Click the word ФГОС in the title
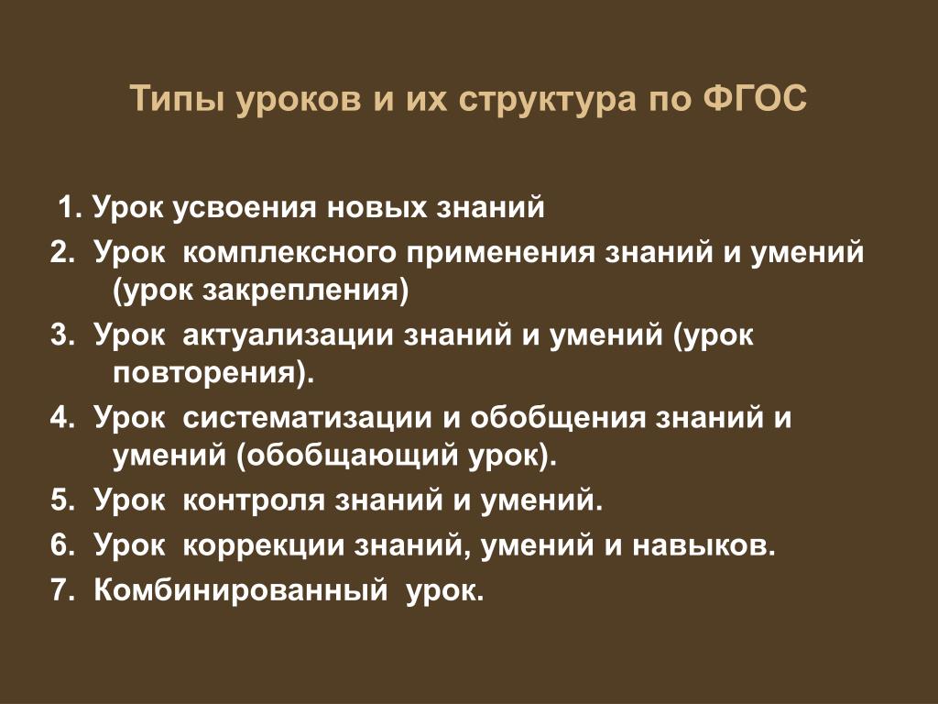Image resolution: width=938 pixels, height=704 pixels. coord(755,98)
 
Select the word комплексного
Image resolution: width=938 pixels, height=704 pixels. coord(289,252)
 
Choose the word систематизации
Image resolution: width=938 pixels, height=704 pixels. coord(306,418)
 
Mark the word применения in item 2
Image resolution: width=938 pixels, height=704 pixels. coord(501,254)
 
